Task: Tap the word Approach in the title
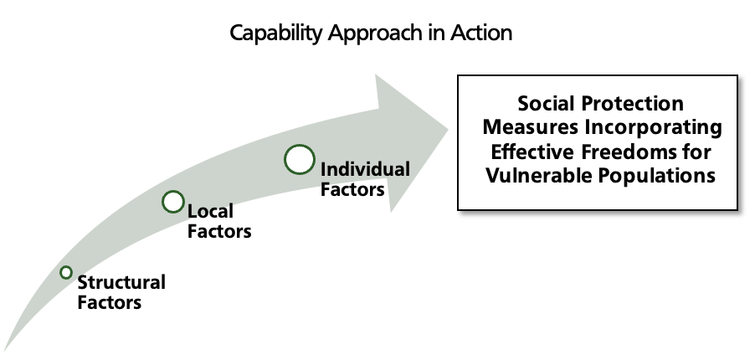pyautogui.click(x=373, y=33)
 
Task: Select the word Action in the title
pyautogui.click(x=481, y=33)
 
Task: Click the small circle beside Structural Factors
pyautogui.click(x=66, y=272)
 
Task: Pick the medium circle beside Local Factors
pyautogui.click(x=173, y=192)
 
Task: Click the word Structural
pyautogui.click(x=121, y=282)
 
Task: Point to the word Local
pyautogui.click(x=210, y=211)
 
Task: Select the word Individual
pyautogui.click(x=365, y=170)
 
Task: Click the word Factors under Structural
pyautogui.click(x=110, y=302)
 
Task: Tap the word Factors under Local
pyautogui.click(x=219, y=231)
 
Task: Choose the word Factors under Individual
pyautogui.click(x=352, y=189)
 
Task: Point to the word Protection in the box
pyautogui.click(x=632, y=104)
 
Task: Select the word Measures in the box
pyautogui.click(x=530, y=128)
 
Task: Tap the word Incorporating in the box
pyautogui.click(x=654, y=128)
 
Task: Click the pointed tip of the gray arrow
pyautogui.click(x=449, y=129)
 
